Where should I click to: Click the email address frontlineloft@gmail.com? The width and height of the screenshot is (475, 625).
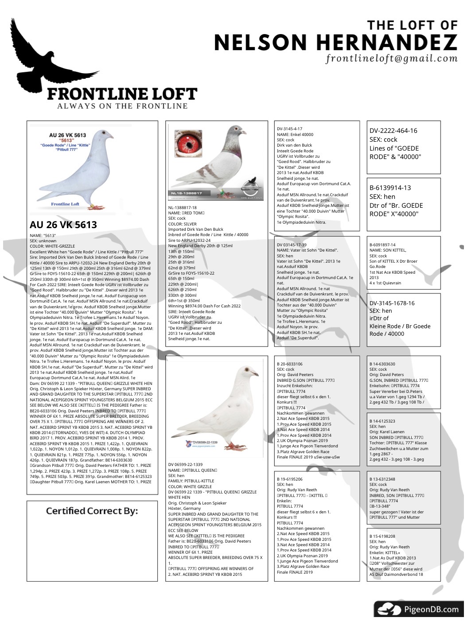pyautogui.click(x=391, y=58)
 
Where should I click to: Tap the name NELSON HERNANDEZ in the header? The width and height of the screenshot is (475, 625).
pyautogui.click(x=335, y=43)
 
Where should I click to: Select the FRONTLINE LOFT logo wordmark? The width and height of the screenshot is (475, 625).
pyautogui.click(x=122, y=94)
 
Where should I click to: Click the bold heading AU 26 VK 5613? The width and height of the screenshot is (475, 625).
pyautogui.click(x=63, y=225)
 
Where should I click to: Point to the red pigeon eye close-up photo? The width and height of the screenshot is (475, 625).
pyautogui.click(x=188, y=143)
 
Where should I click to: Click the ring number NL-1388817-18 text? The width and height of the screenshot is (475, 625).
pyautogui.click(x=182, y=207)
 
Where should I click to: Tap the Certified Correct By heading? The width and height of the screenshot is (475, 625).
pyautogui.click(x=92, y=511)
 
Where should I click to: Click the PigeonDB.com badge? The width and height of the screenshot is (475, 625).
pyautogui.click(x=418, y=609)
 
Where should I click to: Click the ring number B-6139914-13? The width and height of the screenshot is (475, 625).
pyautogui.click(x=390, y=188)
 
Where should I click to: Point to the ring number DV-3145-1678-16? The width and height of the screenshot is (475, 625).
pyautogui.click(x=392, y=303)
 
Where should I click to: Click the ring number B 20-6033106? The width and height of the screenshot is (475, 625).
pyautogui.click(x=289, y=364)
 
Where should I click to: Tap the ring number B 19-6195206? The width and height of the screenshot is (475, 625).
pyautogui.click(x=289, y=479)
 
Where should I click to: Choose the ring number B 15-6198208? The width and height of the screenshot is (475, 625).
pyautogui.click(x=382, y=536)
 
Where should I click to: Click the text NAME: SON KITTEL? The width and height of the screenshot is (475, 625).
pyautogui.click(x=387, y=250)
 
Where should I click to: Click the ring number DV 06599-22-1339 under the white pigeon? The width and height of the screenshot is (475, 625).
pyautogui.click(x=185, y=464)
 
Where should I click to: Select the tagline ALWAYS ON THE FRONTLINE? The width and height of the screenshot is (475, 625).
pyautogui.click(x=122, y=106)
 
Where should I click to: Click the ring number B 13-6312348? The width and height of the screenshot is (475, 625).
pyautogui.click(x=382, y=479)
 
